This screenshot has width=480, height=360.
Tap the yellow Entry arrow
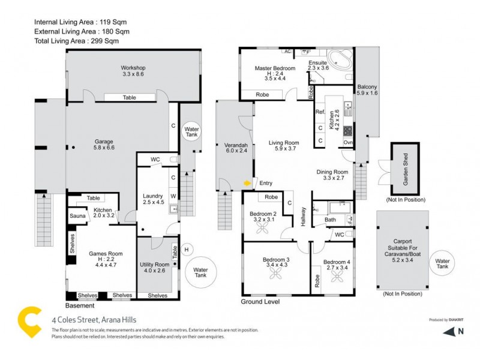[246, 183]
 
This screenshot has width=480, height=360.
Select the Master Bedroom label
[272, 68]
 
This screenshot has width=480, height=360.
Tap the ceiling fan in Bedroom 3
[275, 274]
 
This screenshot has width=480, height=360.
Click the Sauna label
[77, 215]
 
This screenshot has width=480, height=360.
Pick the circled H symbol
[186, 250]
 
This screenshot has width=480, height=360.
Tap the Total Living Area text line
[76, 41]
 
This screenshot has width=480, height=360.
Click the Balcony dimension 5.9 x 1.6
[367, 93]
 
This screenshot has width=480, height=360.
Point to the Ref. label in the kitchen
[320, 112]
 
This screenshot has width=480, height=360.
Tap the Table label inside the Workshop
[129, 97]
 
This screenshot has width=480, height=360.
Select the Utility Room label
[154, 265]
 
